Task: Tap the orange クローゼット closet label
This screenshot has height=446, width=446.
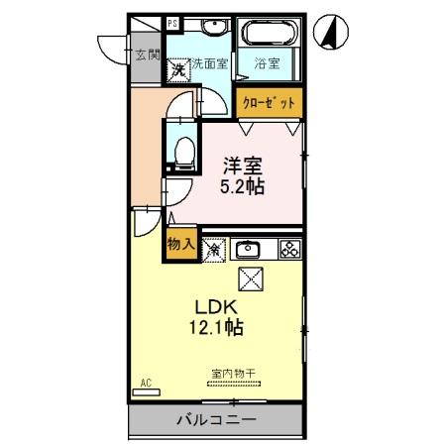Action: (269, 102)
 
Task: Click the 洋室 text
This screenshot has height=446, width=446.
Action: (241, 166)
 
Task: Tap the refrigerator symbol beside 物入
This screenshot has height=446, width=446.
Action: (212, 249)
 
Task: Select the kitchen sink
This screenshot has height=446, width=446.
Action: (248, 249)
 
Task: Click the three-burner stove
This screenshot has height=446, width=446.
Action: (289, 249)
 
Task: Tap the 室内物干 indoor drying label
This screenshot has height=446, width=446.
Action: (233, 374)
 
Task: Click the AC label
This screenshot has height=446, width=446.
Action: (145, 382)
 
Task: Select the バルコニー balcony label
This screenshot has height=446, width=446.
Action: (216, 420)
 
